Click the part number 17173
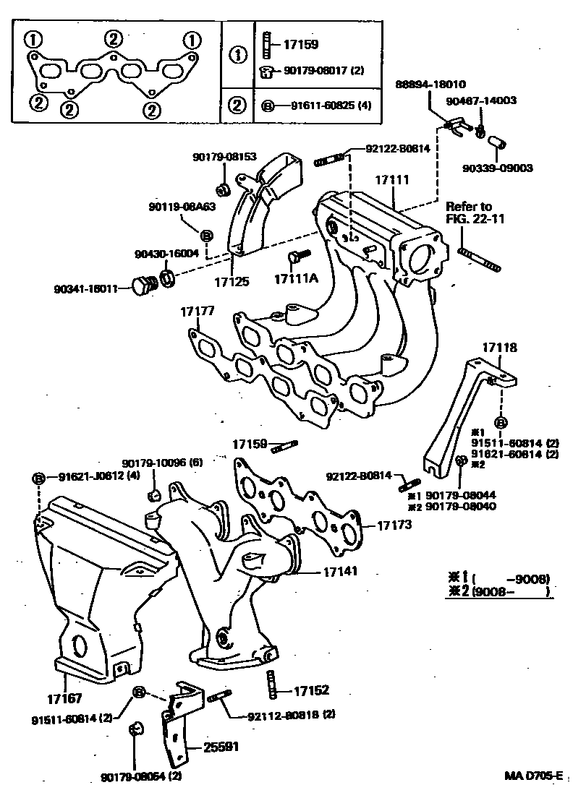pyautogui.click(x=394, y=525)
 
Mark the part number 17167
pyautogui.click(x=65, y=699)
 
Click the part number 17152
pyautogui.click(x=312, y=691)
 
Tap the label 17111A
pyautogui.click(x=292, y=278)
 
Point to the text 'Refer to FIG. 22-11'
pyautogui.click(x=468, y=214)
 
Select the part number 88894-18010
pyautogui.click(x=430, y=84)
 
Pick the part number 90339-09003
pyautogui.click(x=498, y=168)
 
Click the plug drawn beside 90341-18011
pyautogui.click(x=141, y=286)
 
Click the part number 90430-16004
pyautogui.click(x=164, y=254)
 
